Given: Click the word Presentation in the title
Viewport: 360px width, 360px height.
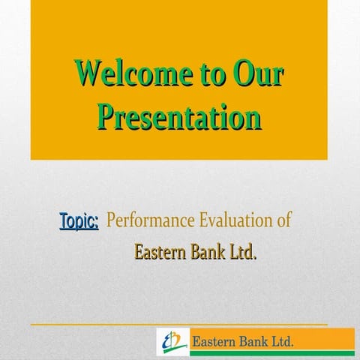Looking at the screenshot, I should point(180,117).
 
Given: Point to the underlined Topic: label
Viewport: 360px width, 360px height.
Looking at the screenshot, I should point(79,221).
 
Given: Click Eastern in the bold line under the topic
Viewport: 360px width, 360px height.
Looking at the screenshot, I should point(160,252).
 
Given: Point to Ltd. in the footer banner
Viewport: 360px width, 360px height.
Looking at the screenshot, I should point(284,343).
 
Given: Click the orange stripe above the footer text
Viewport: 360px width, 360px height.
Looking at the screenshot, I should point(270,331).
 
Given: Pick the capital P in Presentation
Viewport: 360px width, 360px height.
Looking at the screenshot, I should point(109,117).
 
